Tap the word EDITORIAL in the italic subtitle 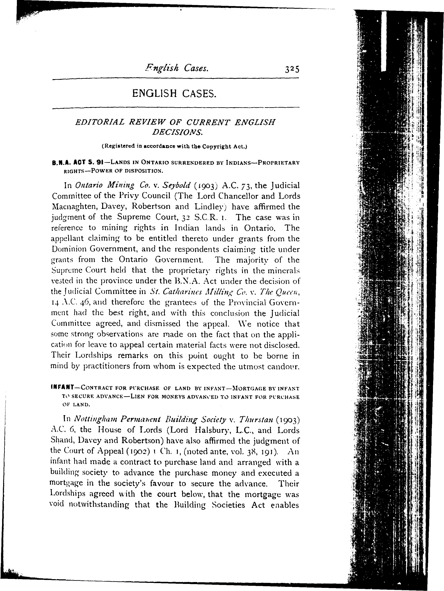[100, 122]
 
